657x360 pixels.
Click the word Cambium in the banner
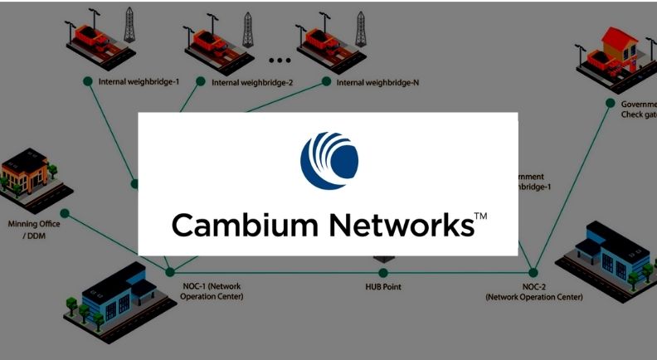pos(234,225)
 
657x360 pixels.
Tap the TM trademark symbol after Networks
pos(480,217)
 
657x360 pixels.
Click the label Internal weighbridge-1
pos(139,82)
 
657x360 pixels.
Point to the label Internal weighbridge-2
pos(252,83)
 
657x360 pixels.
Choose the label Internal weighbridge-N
pos(377,82)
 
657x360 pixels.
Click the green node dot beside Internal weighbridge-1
pos(87,81)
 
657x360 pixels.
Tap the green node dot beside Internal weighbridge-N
pos(326,81)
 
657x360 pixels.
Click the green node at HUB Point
pos(382,272)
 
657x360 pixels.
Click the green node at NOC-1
pos(170,272)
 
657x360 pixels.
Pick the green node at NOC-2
pos(533,272)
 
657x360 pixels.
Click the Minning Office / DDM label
pos(32,229)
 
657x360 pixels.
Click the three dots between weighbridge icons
pos(280,60)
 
